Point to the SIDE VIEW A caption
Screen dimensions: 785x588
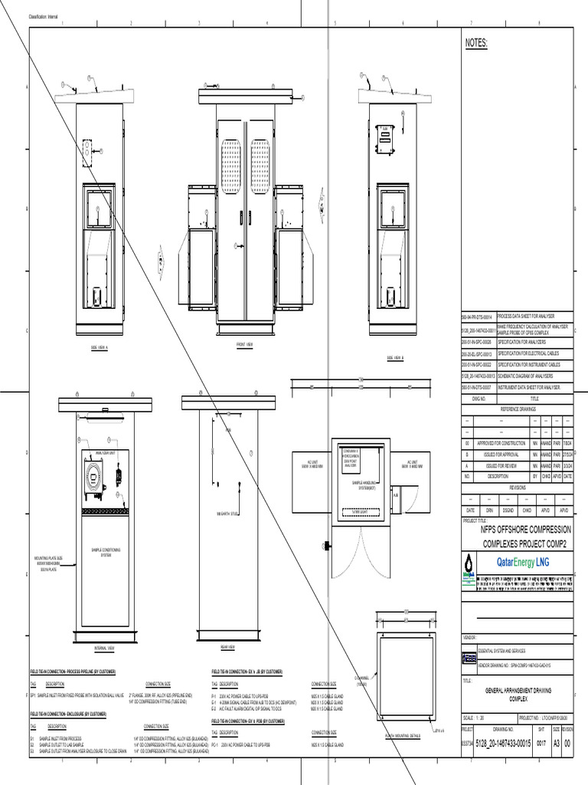(x=100, y=347)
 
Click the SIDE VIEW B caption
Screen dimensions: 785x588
(x=395, y=357)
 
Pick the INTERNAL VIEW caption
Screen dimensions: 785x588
(x=105, y=649)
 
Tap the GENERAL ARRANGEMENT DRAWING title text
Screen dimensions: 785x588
(x=518, y=691)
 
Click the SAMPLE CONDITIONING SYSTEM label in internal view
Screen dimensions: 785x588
(x=106, y=552)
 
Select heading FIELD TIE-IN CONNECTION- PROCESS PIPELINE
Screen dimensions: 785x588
(x=73, y=672)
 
